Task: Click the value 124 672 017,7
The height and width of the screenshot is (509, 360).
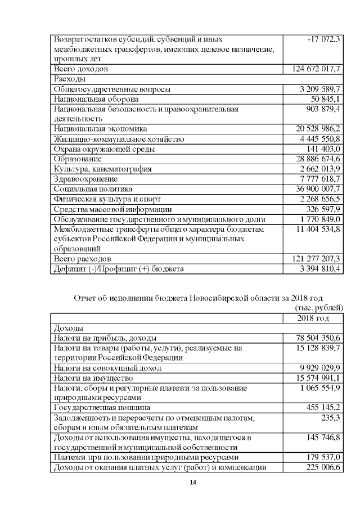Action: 317,69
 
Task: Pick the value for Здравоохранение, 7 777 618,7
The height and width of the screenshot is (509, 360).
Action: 319,179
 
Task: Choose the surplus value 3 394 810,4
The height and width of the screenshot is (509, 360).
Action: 319,269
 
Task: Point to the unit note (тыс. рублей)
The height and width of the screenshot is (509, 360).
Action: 318,308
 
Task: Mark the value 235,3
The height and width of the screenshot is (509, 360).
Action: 330,417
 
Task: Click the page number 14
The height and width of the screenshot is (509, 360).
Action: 193,483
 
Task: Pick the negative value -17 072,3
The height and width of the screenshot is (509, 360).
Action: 325,40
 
